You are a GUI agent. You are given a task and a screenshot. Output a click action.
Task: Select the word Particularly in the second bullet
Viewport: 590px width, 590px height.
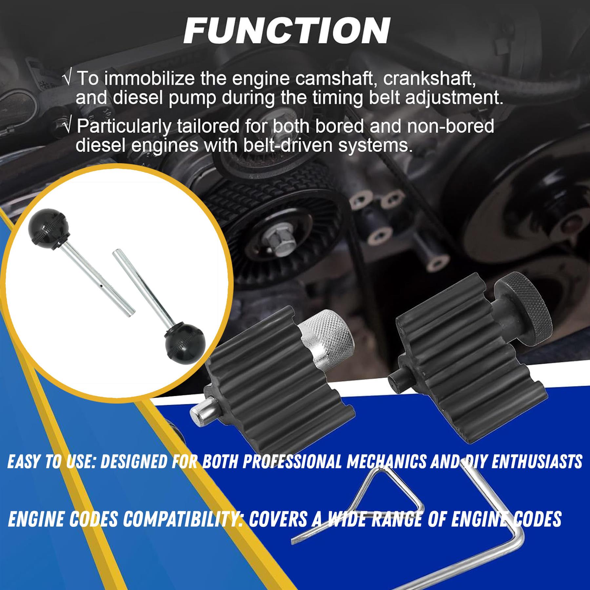click(x=124, y=127)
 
